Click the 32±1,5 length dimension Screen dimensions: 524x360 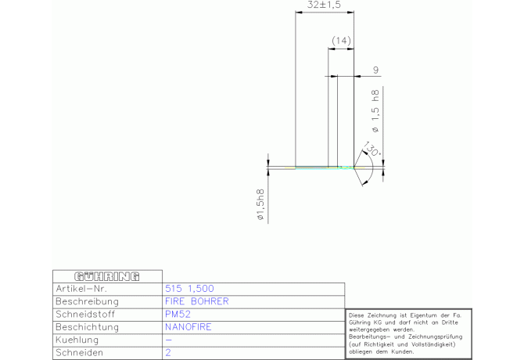324,5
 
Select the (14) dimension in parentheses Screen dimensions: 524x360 341,41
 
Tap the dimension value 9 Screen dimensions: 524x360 376,70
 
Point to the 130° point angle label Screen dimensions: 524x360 372,149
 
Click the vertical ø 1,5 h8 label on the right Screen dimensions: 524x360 375,111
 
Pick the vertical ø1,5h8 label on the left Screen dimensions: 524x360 260,204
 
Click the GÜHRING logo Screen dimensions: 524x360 107,277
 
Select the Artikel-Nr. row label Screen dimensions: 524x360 81,289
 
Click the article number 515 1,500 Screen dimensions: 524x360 189,289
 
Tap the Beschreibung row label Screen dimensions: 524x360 87,301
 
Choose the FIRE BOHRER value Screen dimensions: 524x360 197,301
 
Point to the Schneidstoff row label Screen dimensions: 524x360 85,314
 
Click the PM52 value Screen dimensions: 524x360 178,314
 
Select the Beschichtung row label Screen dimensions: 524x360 88,327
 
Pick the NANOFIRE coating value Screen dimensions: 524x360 188,327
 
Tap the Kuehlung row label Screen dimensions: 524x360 77,340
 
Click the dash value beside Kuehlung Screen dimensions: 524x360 168,340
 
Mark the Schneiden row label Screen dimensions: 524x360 79,353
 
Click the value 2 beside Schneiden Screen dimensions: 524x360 168,353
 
